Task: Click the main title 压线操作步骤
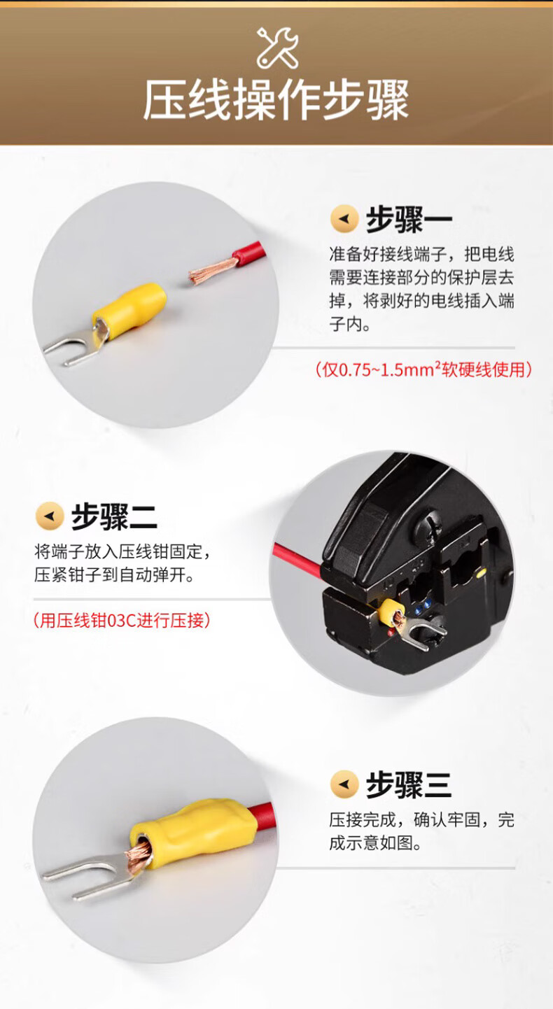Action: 276,100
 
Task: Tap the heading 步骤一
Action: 409,220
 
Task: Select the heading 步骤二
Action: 114,516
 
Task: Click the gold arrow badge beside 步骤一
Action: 344,219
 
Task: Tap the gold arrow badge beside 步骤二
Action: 50,516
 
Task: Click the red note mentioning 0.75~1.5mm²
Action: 423,369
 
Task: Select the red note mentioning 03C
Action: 122,620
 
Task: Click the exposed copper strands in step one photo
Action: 213,271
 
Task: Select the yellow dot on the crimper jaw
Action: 481,573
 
